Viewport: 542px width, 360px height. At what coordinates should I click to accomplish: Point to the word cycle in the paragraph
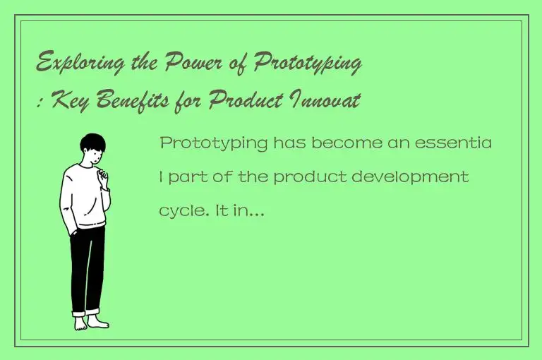tap(180, 210)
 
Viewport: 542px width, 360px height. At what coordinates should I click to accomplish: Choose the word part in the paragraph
tap(184, 177)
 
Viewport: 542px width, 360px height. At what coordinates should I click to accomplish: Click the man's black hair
tap(92, 144)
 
